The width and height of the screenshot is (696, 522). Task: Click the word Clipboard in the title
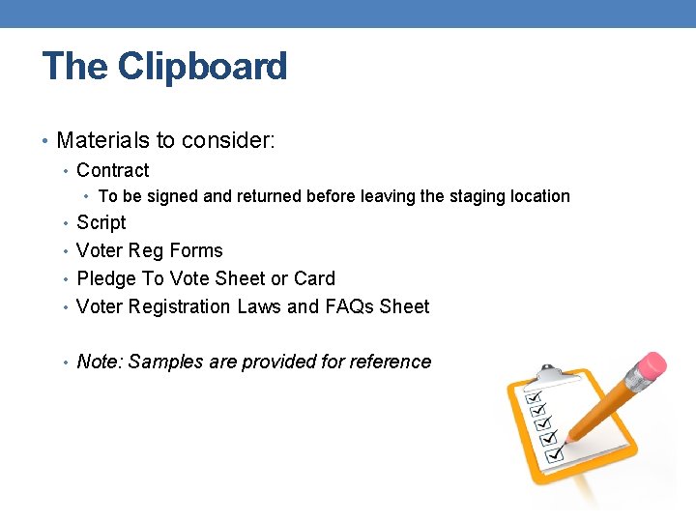click(203, 67)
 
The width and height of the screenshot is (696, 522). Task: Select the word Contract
click(112, 170)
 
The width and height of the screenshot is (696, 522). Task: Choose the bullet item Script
click(101, 222)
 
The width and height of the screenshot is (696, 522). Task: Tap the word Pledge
click(106, 278)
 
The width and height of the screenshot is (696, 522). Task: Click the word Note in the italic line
click(99, 362)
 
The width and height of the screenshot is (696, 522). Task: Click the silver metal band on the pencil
click(626, 385)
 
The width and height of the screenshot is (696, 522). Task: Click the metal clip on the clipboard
click(547, 373)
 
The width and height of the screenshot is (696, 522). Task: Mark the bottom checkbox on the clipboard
click(554, 452)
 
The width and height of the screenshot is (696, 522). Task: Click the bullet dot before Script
click(64, 223)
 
